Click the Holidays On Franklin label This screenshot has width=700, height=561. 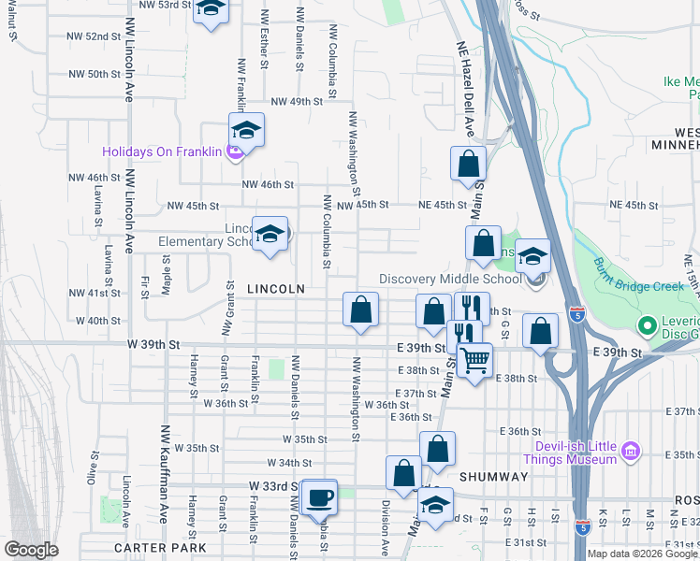tap(162, 151)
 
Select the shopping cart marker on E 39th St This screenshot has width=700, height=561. tap(475, 358)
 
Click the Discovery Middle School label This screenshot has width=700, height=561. tap(450, 279)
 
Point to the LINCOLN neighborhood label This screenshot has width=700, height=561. tap(276, 290)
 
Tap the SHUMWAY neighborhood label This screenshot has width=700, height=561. tap(495, 477)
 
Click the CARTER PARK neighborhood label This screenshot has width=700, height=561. tap(160, 547)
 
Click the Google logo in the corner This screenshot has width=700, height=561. tap(32, 550)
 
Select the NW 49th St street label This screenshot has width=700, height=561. tap(289, 101)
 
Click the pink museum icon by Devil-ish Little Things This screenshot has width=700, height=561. tap(631, 452)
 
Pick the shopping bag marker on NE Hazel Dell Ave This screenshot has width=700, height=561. tap(468, 164)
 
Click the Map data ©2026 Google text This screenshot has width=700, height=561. tap(642, 554)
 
